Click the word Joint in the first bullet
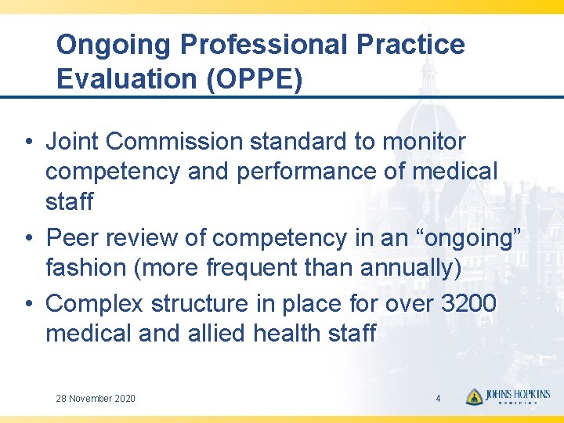[x=71, y=142]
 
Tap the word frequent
[x=252, y=268]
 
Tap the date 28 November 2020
[x=96, y=399]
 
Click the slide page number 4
[x=438, y=399]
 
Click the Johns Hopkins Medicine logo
[x=508, y=397]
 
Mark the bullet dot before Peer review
[x=27, y=238]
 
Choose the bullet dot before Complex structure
[x=27, y=303]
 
